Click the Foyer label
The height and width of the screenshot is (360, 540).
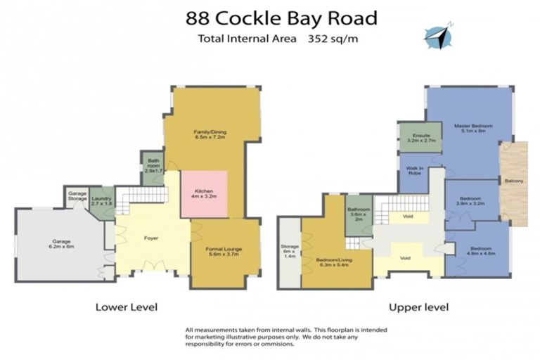[151, 238]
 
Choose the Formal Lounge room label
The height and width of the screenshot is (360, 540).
[224, 250]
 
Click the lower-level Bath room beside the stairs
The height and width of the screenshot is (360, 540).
[153, 167]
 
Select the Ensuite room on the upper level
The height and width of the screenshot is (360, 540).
[421, 137]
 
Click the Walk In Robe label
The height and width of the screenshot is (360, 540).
[413, 172]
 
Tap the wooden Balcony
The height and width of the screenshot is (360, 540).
[513, 181]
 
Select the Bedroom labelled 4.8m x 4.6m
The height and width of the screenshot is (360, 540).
[482, 251]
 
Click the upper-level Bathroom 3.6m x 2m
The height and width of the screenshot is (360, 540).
[359, 214]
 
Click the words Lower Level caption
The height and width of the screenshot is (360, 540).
[126, 307]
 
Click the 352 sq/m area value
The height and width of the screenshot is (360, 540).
[333, 39]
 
